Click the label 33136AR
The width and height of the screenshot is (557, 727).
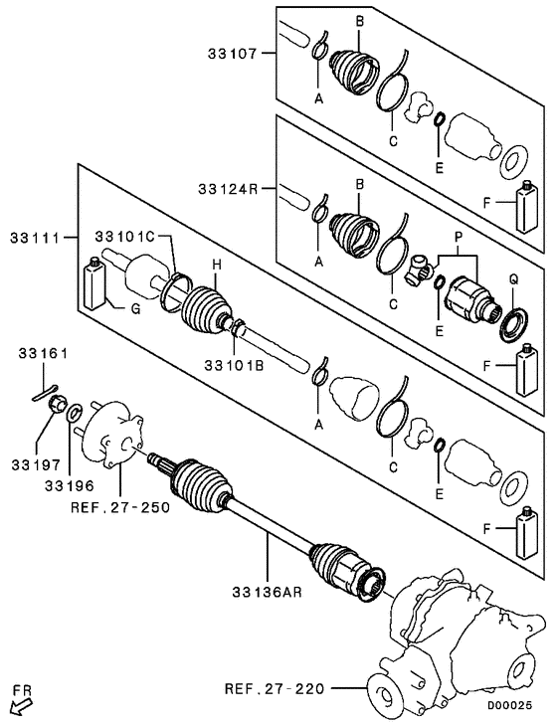[269, 592]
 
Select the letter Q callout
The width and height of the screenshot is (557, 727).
[514, 279]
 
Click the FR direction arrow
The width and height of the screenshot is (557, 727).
[19, 707]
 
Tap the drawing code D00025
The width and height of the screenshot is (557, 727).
[516, 707]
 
